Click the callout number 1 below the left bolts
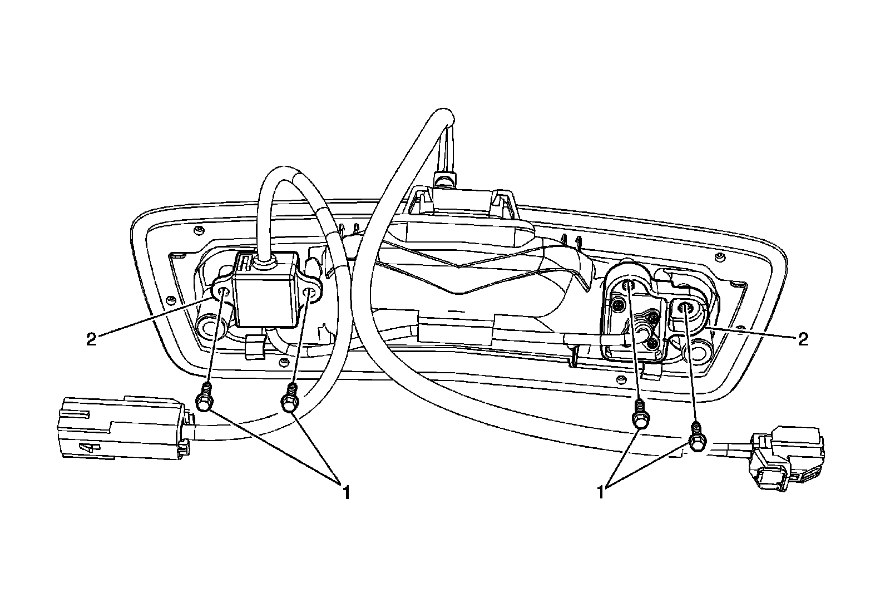(346, 492)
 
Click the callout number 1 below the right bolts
(601, 492)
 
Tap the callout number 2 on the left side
(91, 339)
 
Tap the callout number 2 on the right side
(802, 339)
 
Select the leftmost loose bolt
(204, 399)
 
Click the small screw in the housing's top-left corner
(199, 229)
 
